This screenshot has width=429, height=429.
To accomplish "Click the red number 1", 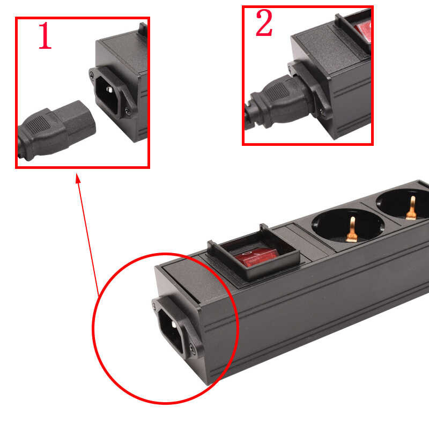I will (x=45, y=37).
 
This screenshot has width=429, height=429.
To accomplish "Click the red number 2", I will (x=263, y=25).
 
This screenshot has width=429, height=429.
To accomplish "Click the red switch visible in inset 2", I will (x=362, y=30).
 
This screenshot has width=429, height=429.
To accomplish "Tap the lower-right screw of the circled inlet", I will (x=190, y=351).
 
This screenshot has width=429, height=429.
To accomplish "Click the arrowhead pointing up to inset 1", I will (x=78, y=177).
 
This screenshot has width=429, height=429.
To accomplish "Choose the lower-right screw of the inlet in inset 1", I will (x=127, y=112).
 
